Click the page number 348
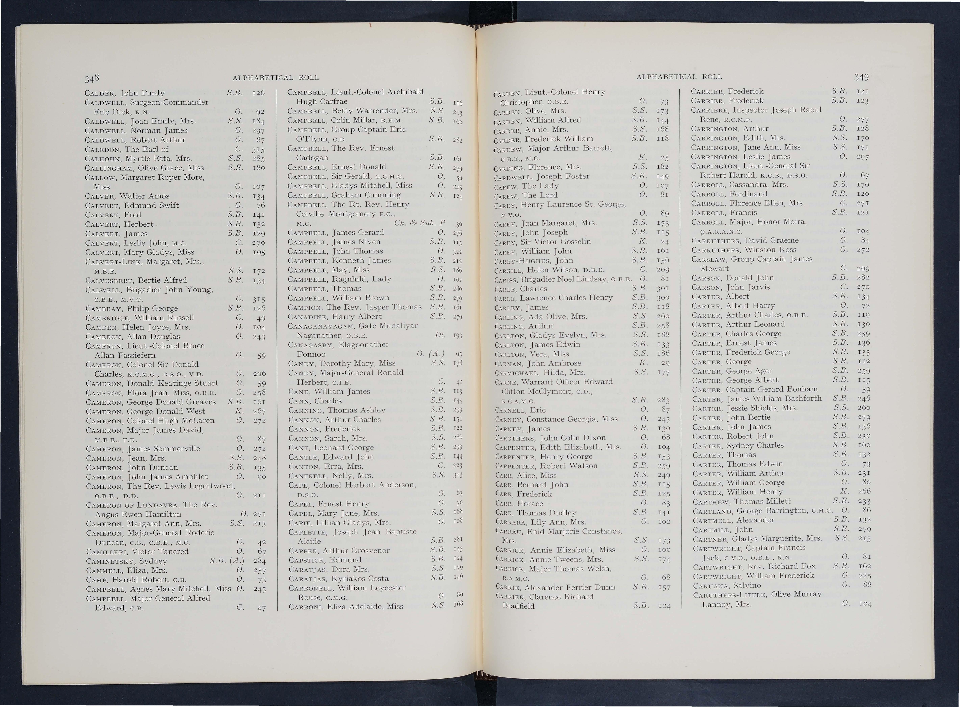click(92, 77)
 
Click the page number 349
click(861, 77)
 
